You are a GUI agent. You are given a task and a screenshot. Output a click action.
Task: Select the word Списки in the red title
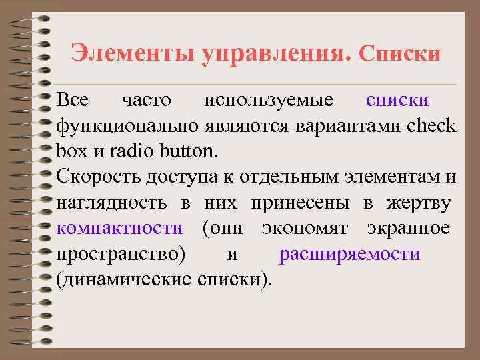(x=400, y=53)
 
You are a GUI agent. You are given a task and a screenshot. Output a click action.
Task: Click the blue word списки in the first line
(x=397, y=101)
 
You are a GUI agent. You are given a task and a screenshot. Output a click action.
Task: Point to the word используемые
(x=269, y=101)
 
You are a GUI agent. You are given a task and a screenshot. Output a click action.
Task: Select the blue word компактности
(x=120, y=228)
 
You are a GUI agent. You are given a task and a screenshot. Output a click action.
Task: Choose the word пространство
(x=122, y=254)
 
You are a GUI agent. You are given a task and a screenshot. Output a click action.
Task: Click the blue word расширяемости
(x=349, y=254)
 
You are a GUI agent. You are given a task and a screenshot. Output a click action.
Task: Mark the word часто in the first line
(x=147, y=101)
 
